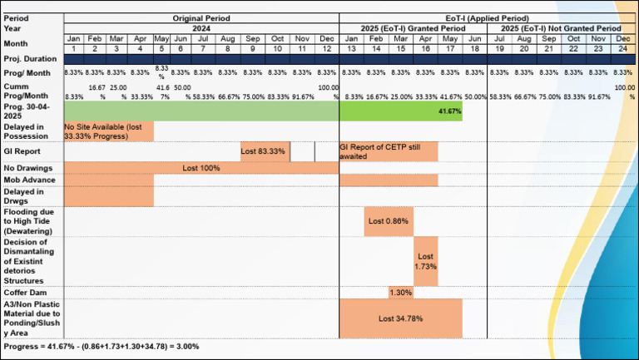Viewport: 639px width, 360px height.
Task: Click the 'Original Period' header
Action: point(201,17)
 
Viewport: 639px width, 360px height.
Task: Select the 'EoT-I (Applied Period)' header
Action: point(487,17)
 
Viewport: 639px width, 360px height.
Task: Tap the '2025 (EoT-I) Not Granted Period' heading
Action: point(561,28)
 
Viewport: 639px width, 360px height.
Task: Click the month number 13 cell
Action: point(351,49)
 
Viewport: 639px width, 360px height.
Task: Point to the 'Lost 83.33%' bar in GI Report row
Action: point(265,151)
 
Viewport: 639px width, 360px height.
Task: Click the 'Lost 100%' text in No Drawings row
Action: point(201,167)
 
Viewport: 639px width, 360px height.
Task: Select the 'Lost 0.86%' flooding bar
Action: point(389,221)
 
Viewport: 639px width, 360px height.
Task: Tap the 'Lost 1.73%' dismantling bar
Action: point(426,262)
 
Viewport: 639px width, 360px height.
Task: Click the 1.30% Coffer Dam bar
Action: point(401,293)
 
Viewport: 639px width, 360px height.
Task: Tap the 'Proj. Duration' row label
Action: point(30,59)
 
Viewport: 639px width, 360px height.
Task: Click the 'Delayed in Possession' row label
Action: point(28,131)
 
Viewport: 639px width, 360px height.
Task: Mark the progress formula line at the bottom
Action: point(102,346)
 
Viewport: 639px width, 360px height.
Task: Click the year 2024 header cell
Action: point(201,28)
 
